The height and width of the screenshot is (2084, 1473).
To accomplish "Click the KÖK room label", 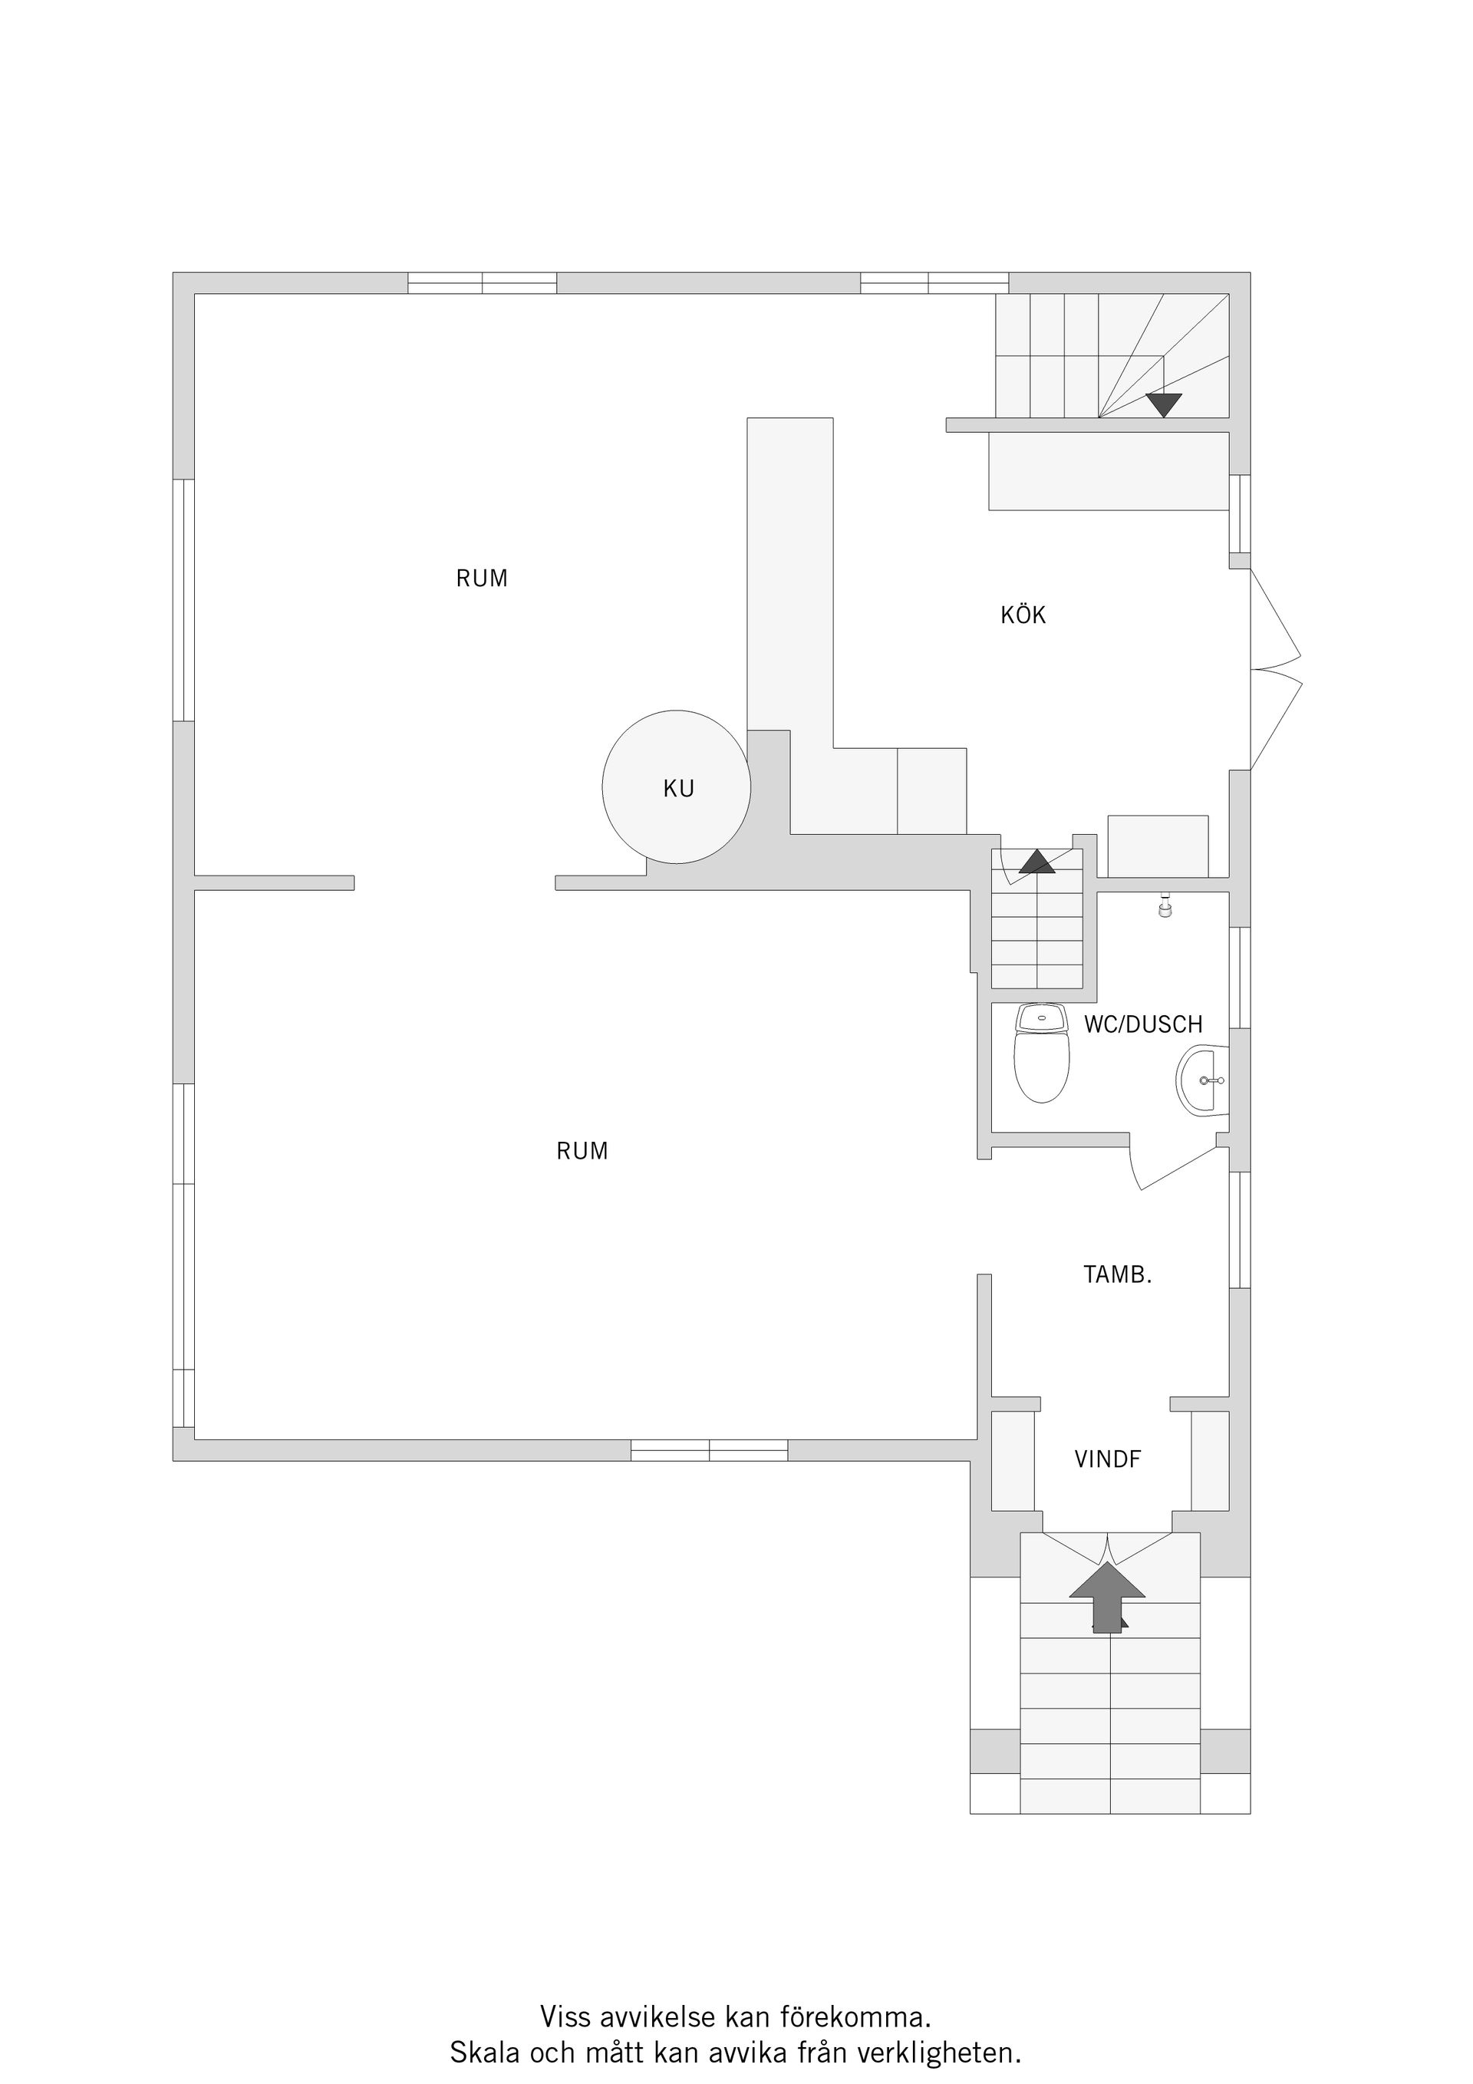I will [1023, 615].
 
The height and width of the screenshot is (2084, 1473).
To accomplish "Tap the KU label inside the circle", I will [678, 789].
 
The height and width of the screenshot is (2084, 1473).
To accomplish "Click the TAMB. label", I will [1117, 1274].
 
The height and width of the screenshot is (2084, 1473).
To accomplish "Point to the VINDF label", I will [1107, 1459].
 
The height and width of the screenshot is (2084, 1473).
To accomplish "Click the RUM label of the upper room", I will [481, 579].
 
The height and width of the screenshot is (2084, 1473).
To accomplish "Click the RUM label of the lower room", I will [582, 1151].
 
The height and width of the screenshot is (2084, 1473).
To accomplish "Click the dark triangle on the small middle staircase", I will [1036, 862].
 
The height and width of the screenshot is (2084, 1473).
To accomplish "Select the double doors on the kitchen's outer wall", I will [1275, 670].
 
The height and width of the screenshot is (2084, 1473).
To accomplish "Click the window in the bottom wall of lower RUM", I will [709, 1450].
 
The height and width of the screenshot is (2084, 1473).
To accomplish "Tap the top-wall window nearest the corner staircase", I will [934, 283].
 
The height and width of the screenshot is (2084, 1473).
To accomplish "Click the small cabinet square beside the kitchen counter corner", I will [931, 790].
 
